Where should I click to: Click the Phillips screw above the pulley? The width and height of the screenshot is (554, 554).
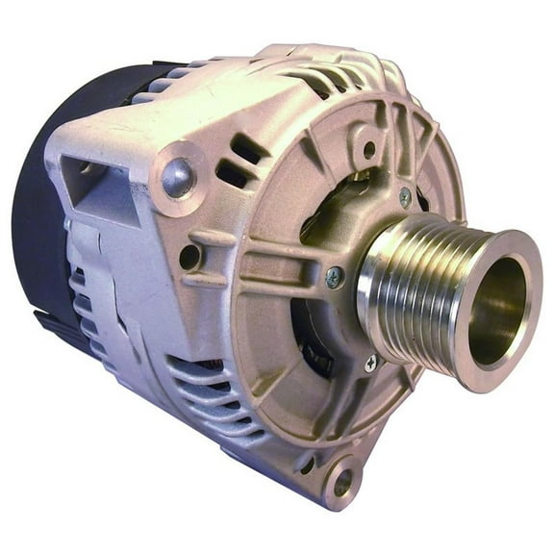[x=405, y=196]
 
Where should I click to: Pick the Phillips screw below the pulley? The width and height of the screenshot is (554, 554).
[x=371, y=363]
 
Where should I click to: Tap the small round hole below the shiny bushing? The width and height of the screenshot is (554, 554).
[x=189, y=256]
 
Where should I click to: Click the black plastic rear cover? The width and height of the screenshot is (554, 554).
[x=38, y=240]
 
